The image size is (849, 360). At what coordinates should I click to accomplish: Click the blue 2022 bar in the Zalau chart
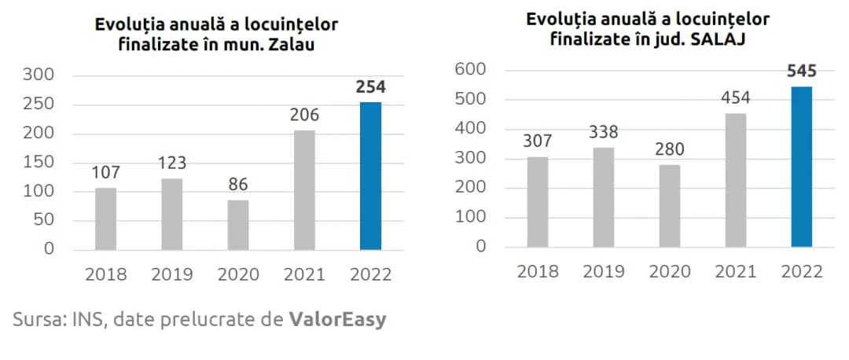point(370,175)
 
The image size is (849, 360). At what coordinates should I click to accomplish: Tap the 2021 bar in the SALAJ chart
point(735,179)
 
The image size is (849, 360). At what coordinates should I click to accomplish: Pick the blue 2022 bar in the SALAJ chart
point(801,166)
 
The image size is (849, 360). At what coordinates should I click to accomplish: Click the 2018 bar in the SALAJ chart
point(538,201)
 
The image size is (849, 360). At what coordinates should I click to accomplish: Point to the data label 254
point(370,87)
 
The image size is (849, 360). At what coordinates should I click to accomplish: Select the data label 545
point(801,72)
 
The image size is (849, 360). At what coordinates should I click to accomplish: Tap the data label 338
point(604,132)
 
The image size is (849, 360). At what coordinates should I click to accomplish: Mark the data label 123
point(171,163)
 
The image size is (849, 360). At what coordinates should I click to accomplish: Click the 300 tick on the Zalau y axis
point(37,75)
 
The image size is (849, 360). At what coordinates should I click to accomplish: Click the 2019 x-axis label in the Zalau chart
point(171,274)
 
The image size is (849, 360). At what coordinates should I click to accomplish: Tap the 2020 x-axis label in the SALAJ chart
point(670,272)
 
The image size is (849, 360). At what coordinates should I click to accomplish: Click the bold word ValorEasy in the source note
point(337,320)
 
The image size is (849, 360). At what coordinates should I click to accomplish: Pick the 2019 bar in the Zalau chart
point(171,213)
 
